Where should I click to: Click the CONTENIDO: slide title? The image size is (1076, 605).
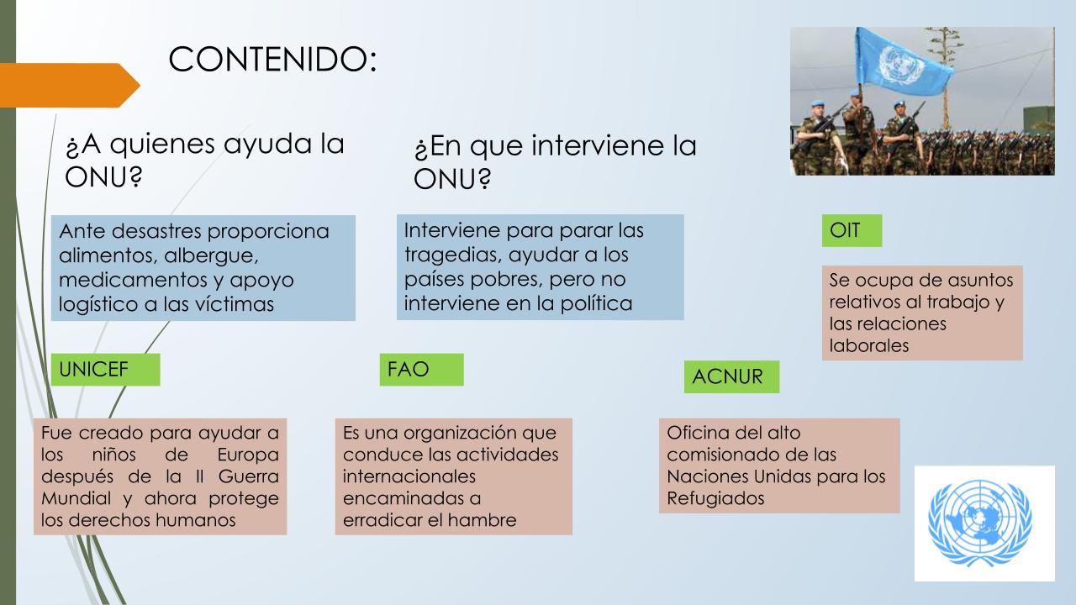pyautogui.click(x=272, y=59)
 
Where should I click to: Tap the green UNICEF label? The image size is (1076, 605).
pyautogui.click(x=106, y=369)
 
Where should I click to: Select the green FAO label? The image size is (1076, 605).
pyautogui.click(x=421, y=369)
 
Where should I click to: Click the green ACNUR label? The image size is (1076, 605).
pyautogui.click(x=731, y=376)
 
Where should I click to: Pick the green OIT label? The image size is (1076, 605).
pyautogui.click(x=852, y=230)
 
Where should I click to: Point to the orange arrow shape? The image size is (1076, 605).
pyautogui.click(x=70, y=85)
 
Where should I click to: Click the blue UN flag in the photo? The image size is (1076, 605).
pyautogui.click(x=902, y=62)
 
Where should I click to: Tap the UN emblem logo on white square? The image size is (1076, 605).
pyautogui.click(x=984, y=523)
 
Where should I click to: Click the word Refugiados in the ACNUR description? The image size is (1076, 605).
pyautogui.click(x=715, y=498)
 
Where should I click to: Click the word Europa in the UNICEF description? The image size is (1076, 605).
pyautogui.click(x=248, y=455)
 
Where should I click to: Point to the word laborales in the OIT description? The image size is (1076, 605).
pyautogui.click(x=869, y=345)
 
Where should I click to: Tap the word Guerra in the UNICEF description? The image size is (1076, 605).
pyautogui.click(x=248, y=476)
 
